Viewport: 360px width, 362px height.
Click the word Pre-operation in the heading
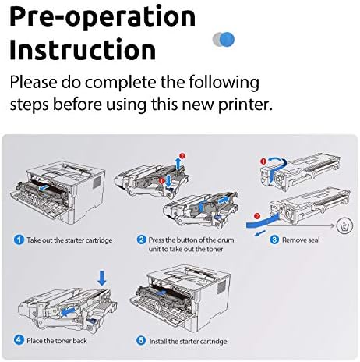(102, 17)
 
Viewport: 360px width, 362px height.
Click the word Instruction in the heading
(83, 50)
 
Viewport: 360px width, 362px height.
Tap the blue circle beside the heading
(226, 40)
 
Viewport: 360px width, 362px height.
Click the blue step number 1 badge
(19, 240)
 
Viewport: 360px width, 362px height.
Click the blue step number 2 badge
(142, 240)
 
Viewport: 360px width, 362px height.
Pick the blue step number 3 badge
(274, 240)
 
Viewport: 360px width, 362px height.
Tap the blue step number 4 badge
(19, 340)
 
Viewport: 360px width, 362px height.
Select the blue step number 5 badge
(141, 340)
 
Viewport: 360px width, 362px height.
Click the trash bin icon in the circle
(344, 225)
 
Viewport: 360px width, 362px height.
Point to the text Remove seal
(301, 240)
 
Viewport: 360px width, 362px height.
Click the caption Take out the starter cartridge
(69, 240)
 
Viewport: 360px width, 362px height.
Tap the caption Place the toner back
(57, 341)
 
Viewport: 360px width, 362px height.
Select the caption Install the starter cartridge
(188, 341)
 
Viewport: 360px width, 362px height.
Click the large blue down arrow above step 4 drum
(102, 278)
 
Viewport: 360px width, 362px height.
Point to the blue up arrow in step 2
(178, 163)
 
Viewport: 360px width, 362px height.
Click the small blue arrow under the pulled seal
(260, 233)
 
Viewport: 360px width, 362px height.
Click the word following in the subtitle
(224, 83)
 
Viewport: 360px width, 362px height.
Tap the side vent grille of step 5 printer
(221, 287)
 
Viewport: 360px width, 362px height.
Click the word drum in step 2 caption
(225, 240)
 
